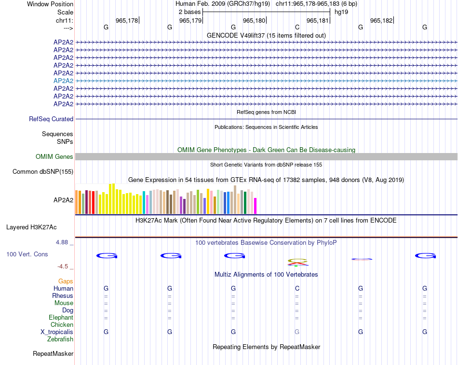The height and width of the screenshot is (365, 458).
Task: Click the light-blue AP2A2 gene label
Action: click(x=63, y=81)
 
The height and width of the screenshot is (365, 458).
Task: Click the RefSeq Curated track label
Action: click(x=51, y=119)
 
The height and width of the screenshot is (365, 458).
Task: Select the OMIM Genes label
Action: click(x=54, y=156)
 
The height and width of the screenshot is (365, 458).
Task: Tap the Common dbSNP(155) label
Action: click(x=43, y=171)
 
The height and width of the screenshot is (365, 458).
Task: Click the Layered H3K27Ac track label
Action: click(x=31, y=227)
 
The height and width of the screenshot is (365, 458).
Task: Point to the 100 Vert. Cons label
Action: click(x=27, y=254)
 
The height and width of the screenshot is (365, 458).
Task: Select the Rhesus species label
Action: click(x=63, y=295)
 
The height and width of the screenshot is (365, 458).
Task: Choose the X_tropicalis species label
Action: click(x=57, y=332)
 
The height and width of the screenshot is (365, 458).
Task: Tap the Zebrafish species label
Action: click(x=60, y=339)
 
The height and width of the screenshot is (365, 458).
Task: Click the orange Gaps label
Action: click(x=66, y=281)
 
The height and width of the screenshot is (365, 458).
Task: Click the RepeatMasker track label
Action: click(x=53, y=354)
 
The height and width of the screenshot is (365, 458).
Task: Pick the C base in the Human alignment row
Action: click(x=297, y=288)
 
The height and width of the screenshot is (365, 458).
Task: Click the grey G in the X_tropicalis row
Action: click(x=297, y=332)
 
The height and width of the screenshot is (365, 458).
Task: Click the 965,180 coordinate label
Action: click(x=254, y=20)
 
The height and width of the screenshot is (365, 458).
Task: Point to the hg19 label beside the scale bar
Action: click(x=341, y=12)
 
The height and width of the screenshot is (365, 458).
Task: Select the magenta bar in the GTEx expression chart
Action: click(x=256, y=206)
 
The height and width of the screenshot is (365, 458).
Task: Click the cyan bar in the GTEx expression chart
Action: click(x=144, y=203)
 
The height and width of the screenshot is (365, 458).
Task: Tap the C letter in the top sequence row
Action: click(x=297, y=27)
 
